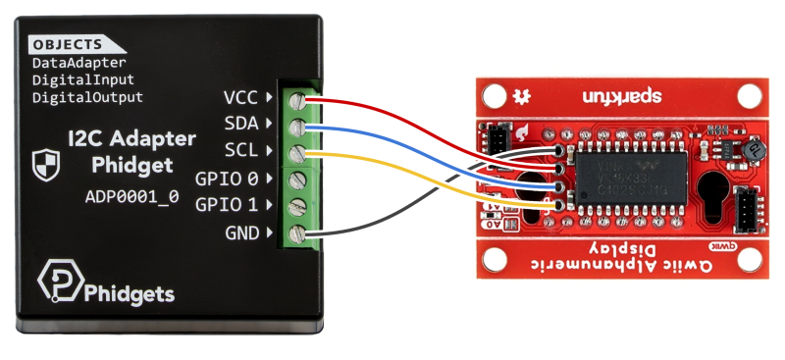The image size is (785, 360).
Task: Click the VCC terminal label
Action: click(240, 97)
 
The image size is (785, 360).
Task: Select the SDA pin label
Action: click(240, 125)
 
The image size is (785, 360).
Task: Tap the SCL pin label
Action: click(240, 152)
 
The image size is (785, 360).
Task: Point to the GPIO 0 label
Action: click(227, 179)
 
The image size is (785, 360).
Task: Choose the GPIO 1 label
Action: click(227, 205)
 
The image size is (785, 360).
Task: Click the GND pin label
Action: click(241, 233)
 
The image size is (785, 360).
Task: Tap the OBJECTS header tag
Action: click(68, 45)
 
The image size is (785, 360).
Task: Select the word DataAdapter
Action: click(79, 63)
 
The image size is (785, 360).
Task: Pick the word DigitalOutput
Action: click(87, 97)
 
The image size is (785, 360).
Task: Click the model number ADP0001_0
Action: click(131, 195)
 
